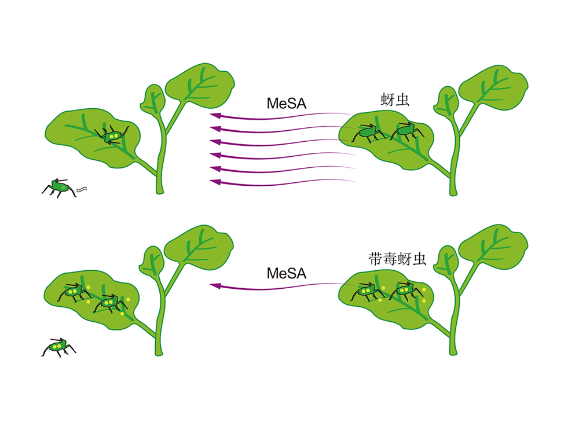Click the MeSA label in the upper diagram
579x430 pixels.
[x=287, y=104]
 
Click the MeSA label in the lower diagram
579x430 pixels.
[x=287, y=274]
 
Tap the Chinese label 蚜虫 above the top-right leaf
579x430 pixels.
[x=395, y=100]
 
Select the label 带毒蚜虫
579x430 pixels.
[x=398, y=259]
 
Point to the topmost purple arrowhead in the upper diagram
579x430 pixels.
[x=215, y=115]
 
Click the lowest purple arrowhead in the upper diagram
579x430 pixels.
[x=215, y=182]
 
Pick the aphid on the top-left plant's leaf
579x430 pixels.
[x=112, y=135]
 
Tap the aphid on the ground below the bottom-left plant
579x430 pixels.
[x=58, y=347]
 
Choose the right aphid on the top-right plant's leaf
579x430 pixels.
[x=407, y=131]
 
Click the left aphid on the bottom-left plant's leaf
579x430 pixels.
[x=75, y=292]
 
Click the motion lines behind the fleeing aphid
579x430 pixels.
[x=82, y=190]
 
